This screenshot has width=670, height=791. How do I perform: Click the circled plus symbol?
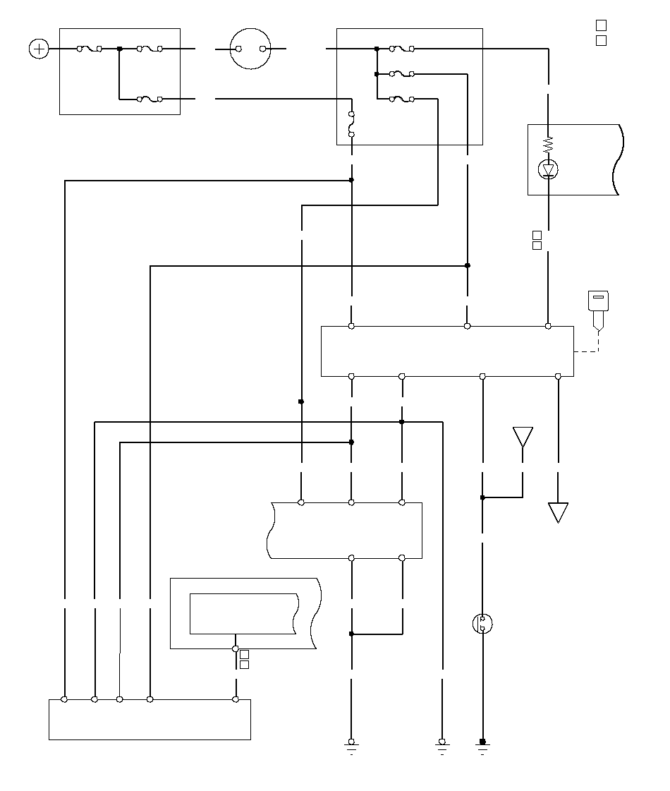[x=39, y=49]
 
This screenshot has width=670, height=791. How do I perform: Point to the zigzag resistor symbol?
[x=549, y=145]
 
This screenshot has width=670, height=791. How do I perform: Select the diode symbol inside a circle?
[x=549, y=169]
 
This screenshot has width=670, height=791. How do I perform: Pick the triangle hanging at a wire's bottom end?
[x=558, y=512]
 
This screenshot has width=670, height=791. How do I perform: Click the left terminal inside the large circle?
[x=239, y=49]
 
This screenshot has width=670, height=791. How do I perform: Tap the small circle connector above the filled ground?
[x=482, y=624]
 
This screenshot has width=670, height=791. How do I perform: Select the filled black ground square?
[x=482, y=742]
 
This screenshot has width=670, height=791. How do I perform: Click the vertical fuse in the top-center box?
[x=351, y=123]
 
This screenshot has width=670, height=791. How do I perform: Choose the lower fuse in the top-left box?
[x=150, y=99]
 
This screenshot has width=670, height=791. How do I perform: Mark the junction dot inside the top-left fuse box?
[x=119, y=49]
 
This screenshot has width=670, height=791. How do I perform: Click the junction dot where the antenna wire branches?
[x=482, y=497]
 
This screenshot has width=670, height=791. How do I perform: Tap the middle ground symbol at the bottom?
[x=441, y=742]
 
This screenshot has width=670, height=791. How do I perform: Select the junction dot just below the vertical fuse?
[x=351, y=180]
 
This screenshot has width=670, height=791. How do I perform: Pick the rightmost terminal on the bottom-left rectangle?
[x=236, y=699]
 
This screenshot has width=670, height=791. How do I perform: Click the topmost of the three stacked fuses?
[x=402, y=49]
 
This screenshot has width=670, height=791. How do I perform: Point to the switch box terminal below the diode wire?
[x=548, y=326]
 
